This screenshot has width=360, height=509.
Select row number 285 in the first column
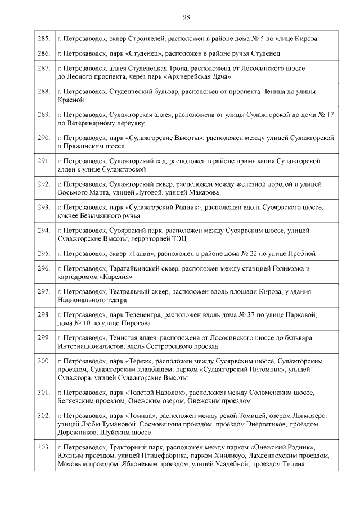coord(44,39)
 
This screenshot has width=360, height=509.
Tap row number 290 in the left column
coord(44,137)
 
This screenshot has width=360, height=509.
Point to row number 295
coord(44,254)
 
